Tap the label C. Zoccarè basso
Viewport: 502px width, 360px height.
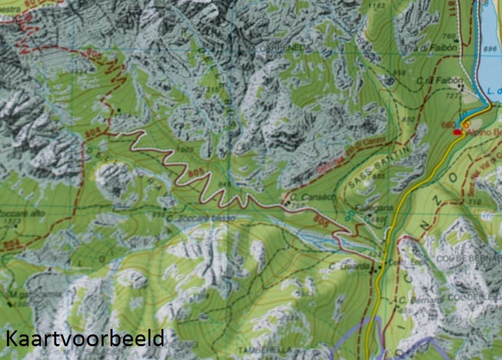[x=200, y=218]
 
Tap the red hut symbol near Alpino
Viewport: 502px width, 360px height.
[x=457, y=131]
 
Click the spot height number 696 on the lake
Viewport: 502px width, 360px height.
[x=490, y=49]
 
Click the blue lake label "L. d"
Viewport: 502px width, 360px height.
[x=492, y=91]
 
